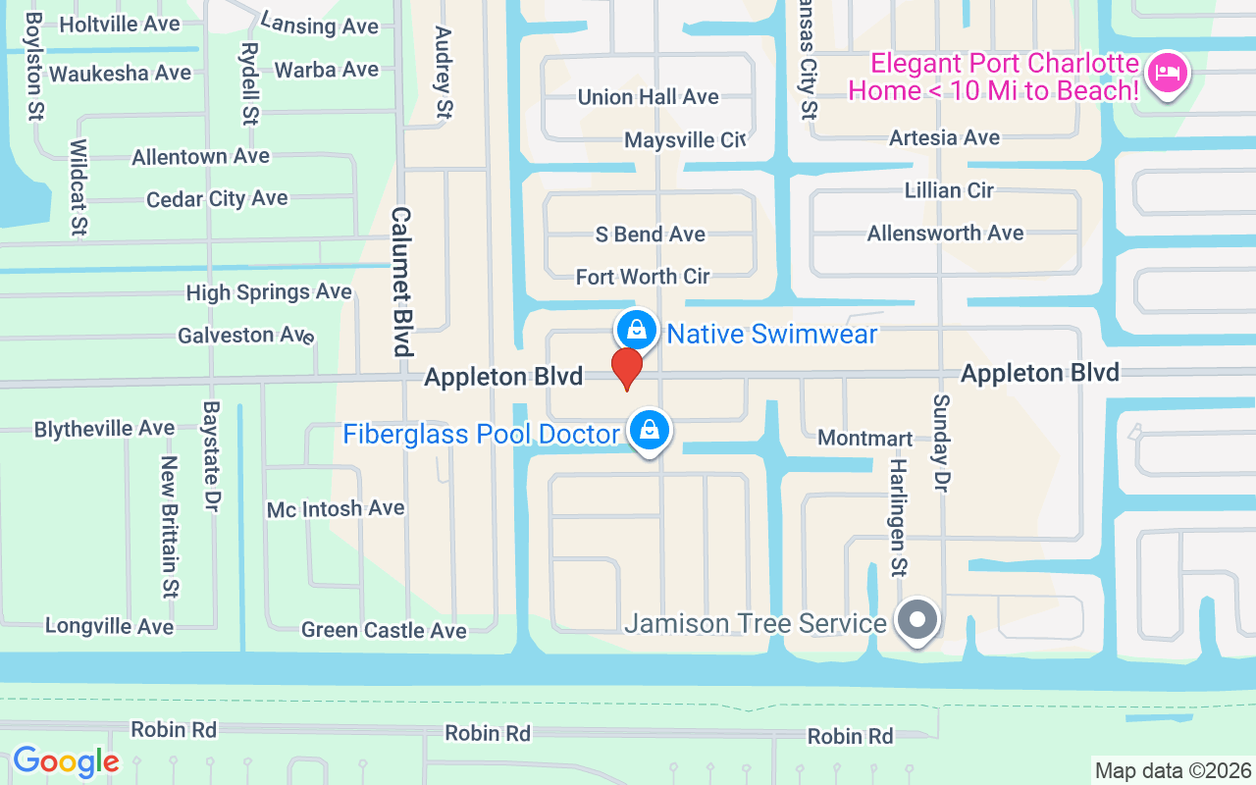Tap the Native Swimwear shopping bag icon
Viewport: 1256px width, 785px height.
(637, 330)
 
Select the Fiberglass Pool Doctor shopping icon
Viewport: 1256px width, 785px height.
(649, 430)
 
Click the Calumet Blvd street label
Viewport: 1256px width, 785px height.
(401, 282)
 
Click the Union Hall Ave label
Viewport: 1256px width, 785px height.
(648, 97)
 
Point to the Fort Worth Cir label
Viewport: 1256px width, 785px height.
(643, 277)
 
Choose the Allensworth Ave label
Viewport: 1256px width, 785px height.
(945, 234)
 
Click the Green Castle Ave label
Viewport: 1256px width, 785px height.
(384, 630)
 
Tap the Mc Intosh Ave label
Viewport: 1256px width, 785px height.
(336, 508)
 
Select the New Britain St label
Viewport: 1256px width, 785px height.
(169, 526)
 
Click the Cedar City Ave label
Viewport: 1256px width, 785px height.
(217, 199)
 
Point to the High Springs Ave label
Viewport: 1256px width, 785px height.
(269, 292)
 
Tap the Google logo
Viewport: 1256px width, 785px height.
(66, 761)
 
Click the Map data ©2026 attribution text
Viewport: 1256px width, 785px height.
(1174, 771)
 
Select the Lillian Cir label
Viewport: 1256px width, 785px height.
(949, 190)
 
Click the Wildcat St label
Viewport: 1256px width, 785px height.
(78, 187)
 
